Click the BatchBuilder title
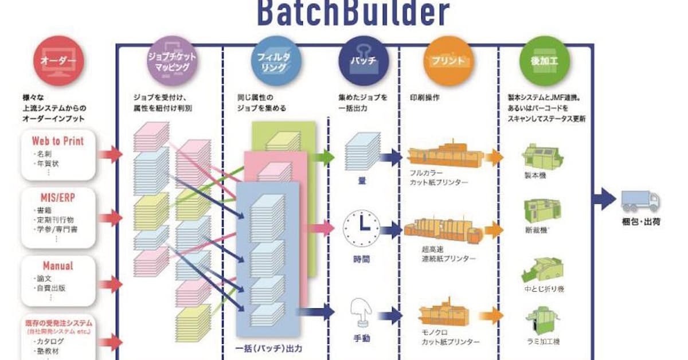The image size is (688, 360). click(x=353, y=13)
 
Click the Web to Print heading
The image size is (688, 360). click(x=57, y=141)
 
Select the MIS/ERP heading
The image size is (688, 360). click(x=57, y=197)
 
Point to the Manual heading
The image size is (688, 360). click(x=57, y=266)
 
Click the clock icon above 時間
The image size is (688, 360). click(x=361, y=229)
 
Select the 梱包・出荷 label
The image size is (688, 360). click(x=640, y=221)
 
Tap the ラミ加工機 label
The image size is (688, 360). click(x=542, y=342)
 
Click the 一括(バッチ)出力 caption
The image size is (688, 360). click(x=268, y=348)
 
